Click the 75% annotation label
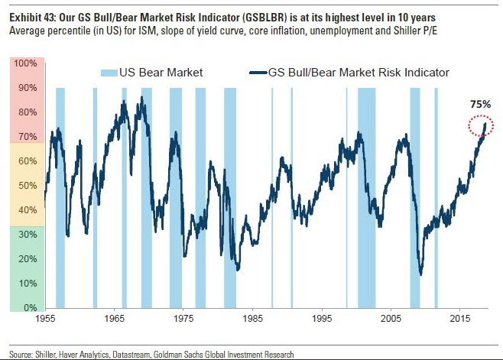coord(479,105)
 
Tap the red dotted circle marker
coord(482,127)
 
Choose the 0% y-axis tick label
coord(29,308)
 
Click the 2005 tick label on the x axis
coord(391,317)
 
